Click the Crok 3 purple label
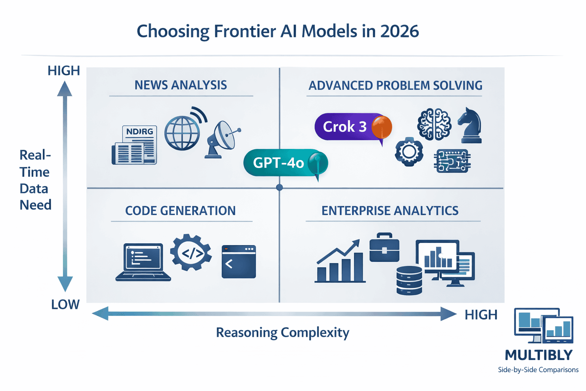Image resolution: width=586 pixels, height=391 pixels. click(345, 127)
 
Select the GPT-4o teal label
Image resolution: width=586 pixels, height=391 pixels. click(279, 163)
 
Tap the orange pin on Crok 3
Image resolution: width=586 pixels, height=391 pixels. click(382, 127)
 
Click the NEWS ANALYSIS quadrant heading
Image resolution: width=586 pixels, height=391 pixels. click(180, 85)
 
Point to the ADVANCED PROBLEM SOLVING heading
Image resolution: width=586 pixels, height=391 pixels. click(395, 85)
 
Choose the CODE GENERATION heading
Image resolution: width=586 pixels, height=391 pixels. click(180, 210)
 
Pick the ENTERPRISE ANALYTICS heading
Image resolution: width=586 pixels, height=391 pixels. click(390, 210)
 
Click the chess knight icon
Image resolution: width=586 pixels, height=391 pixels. click(470, 126)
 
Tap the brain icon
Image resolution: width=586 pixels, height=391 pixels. click(434, 124)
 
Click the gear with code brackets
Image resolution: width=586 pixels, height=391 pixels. click(191, 253)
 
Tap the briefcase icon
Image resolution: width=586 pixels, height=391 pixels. click(384, 248)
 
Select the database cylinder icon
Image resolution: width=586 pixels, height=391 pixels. click(409, 281)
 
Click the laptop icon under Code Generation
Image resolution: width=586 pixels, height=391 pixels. click(143, 262)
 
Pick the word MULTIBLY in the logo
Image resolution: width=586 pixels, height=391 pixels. click(538, 355)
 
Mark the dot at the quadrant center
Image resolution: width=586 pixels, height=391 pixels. click(279, 187)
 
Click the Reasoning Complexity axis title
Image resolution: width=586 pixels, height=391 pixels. click(282, 332)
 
